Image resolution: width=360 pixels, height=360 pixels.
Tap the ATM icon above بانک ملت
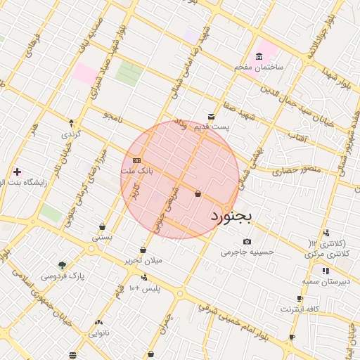136,160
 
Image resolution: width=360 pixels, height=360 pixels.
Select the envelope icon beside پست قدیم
212,116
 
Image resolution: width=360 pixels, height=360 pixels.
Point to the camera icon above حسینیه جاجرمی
247,241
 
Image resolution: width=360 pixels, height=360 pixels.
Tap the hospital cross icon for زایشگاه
17,172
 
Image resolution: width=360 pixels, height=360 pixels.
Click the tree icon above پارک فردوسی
62,266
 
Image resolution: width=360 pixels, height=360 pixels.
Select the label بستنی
102,238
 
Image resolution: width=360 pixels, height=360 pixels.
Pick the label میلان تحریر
143,260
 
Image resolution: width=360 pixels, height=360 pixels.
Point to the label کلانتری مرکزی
327,252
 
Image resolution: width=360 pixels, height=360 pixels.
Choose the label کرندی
71,134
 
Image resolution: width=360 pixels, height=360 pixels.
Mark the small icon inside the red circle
198,193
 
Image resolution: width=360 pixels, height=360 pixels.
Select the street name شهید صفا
236,108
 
